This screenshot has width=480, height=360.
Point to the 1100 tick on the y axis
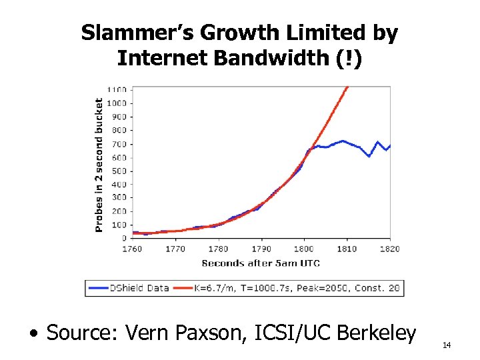[118, 89]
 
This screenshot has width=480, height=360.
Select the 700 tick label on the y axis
[120, 143]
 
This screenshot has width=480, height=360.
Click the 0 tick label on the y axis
[125, 238]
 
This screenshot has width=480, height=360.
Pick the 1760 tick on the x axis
[132, 249]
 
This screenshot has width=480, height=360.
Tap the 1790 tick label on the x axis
[261, 249]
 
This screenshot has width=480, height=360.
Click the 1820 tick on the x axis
[390, 249]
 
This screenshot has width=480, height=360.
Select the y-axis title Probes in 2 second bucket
[99, 165]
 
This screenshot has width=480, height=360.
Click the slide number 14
[446, 345]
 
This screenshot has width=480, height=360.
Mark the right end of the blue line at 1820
[389, 145]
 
